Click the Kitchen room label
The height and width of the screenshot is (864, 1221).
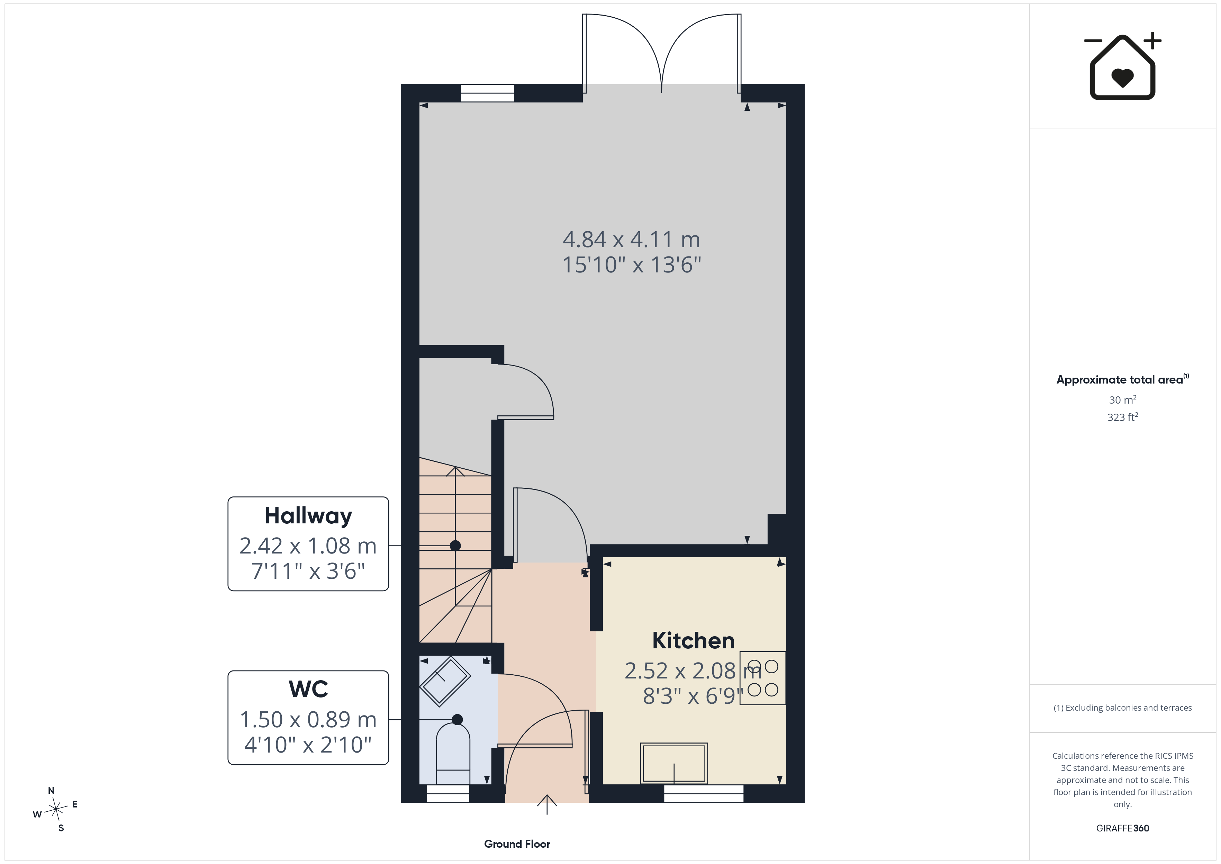(x=694, y=640)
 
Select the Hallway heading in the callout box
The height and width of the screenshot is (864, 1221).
(x=308, y=516)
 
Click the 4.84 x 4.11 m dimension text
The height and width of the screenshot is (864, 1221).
(x=631, y=240)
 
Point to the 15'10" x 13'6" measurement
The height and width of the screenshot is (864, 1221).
(x=632, y=264)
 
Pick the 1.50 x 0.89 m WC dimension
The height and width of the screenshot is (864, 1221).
(x=308, y=719)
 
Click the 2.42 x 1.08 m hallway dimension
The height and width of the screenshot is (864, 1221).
(x=308, y=546)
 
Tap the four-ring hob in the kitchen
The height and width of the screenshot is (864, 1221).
(x=762, y=678)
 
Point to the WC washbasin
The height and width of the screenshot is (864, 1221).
(x=445, y=682)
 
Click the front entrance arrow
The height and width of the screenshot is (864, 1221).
(x=547, y=804)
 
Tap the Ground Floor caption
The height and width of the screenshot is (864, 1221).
(x=517, y=844)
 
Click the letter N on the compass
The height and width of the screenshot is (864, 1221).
(x=51, y=791)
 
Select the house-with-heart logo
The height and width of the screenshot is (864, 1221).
(x=1122, y=66)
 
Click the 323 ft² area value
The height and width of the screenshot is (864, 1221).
(x=1123, y=417)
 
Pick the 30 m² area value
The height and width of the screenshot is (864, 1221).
(x=1123, y=399)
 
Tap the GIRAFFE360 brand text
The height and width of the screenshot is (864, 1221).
(x=1123, y=828)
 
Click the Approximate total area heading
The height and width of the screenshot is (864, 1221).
(x=1122, y=379)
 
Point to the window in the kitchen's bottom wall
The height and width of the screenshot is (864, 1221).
(x=704, y=793)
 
